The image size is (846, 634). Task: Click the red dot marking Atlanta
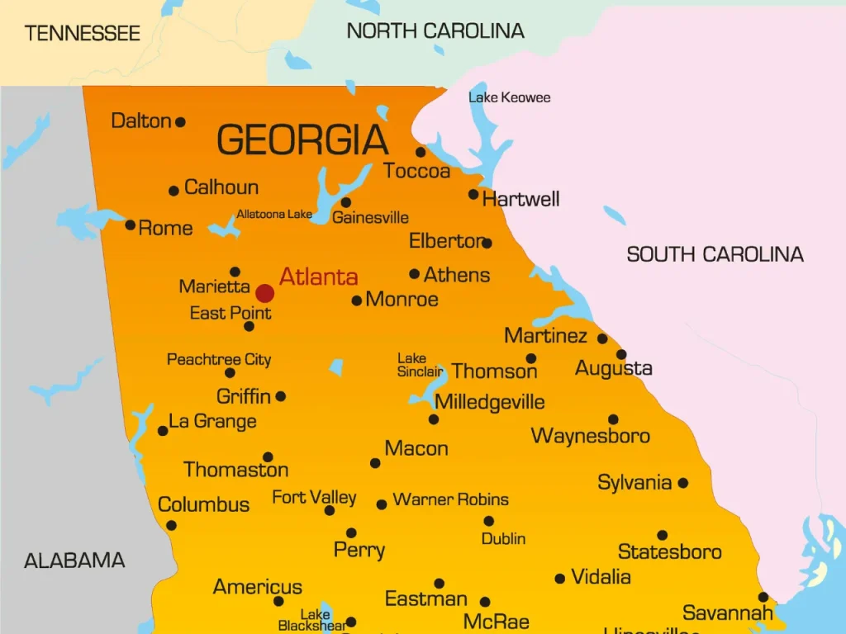tap(264, 293)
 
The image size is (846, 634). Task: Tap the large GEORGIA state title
tap(302, 140)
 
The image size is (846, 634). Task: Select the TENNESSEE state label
tap(83, 34)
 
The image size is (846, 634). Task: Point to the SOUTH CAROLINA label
tap(715, 254)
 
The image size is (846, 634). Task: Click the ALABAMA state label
tap(74, 561)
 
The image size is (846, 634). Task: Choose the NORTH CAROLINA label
tap(435, 31)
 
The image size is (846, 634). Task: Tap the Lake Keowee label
tap(509, 97)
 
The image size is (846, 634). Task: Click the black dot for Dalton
tap(180, 122)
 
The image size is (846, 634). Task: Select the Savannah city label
tap(728, 613)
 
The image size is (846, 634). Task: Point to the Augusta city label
tap(614, 368)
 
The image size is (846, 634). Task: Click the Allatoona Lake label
tap(274, 215)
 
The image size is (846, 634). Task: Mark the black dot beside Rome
tap(130, 225)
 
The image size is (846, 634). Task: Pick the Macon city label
tap(416, 448)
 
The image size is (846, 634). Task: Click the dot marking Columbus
tap(171, 525)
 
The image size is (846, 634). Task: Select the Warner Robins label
tap(450, 499)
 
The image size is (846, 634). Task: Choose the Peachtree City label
tap(219, 359)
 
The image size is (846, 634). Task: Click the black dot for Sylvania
tap(683, 483)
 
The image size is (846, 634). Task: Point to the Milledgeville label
tap(490, 402)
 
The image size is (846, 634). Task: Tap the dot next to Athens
tap(414, 273)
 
